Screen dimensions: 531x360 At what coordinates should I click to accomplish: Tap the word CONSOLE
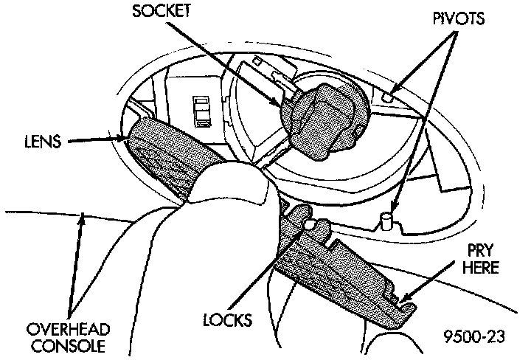(66, 344)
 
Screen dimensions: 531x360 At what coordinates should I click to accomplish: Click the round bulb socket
(322, 115)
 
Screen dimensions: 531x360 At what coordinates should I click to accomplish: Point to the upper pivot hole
(390, 97)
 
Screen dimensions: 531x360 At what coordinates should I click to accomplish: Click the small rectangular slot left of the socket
(199, 111)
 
